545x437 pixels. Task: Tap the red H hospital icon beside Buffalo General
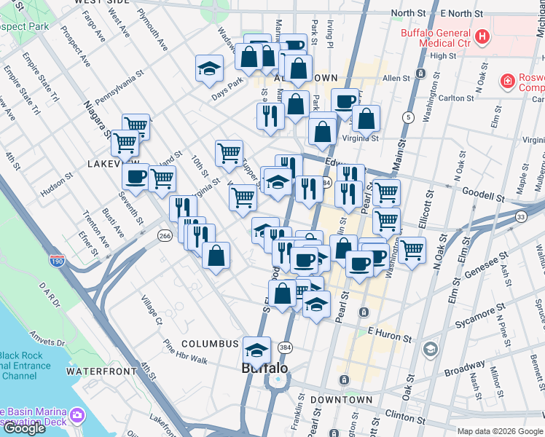coord(481,36)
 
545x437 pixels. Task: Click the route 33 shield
coord(520,216)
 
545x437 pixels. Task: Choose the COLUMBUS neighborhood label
coord(210,344)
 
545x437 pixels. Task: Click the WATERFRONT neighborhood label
coord(101,371)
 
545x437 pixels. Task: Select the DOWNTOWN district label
coord(342,400)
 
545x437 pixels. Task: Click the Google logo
coord(24,428)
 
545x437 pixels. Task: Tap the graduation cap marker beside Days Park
coord(209,68)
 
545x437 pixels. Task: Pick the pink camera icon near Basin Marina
coord(78,416)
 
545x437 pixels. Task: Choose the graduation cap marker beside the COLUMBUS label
coord(256,349)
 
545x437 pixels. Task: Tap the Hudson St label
coord(58,188)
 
